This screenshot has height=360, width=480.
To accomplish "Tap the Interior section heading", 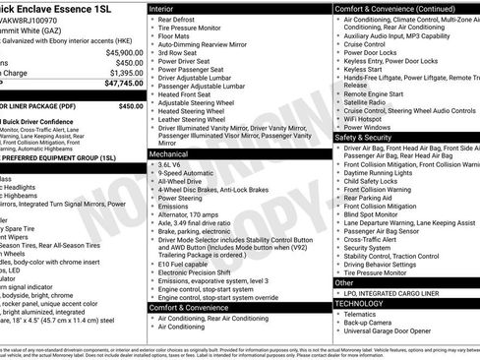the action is (168, 8).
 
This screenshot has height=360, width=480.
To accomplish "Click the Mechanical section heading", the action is (174, 154).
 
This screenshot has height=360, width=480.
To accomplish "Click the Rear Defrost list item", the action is (183, 21).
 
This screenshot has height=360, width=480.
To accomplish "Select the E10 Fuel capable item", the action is (188, 264).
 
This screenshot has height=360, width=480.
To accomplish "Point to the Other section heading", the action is (345, 282).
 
